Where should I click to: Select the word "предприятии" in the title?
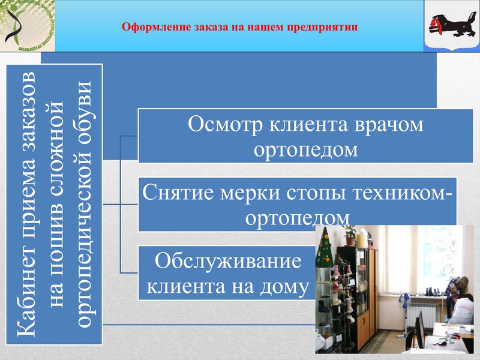pyautogui.click(x=328, y=27)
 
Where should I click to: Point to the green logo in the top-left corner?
pyautogui.click(x=27, y=25)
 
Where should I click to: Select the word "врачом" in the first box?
pyautogui.click(x=387, y=124)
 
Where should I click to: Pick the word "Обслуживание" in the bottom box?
pyautogui.click(x=227, y=262)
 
